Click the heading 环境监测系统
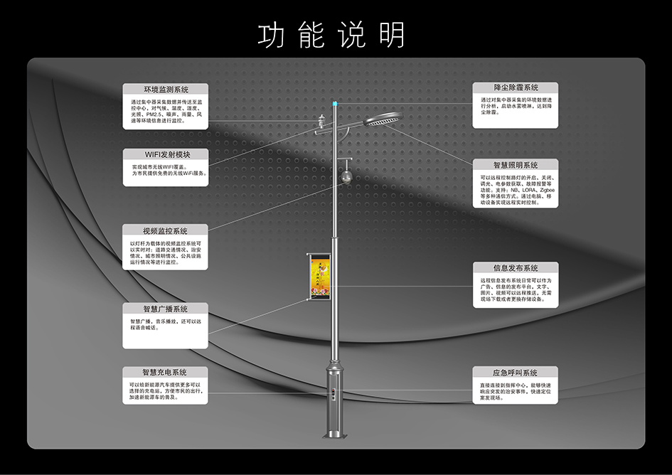pyautogui.click(x=166, y=90)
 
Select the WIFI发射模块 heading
pyautogui.click(x=166, y=154)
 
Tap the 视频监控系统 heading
pyautogui.click(x=165, y=231)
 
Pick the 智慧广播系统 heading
pyautogui.click(x=165, y=309)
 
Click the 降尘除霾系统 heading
pyautogui.click(x=516, y=87)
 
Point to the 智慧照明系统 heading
pyautogui.click(x=516, y=165)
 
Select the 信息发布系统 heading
pyautogui.click(x=516, y=268)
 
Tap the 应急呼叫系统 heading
pyautogui.click(x=516, y=373)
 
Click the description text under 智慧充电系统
pyautogui.click(x=165, y=393)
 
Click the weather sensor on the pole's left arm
pyautogui.click(x=320, y=125)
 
